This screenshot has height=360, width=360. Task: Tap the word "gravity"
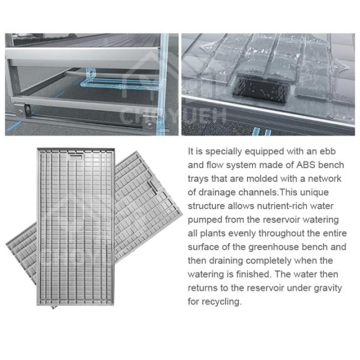tap(326, 288)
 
